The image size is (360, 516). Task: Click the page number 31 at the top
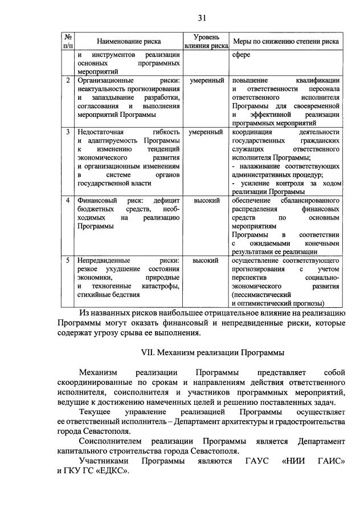[x=183, y=15]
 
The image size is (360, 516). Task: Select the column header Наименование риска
[x=128, y=42]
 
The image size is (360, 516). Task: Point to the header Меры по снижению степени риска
[x=286, y=42]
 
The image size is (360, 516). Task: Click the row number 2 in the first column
[x=68, y=80]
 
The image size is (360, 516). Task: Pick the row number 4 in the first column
[x=68, y=201]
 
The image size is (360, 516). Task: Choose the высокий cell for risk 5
[x=206, y=261]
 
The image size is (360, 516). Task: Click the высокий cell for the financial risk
[x=206, y=201]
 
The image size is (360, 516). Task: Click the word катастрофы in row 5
[x=161, y=286]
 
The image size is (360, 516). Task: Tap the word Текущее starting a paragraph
[x=96, y=412]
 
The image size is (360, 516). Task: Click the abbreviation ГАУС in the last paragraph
[x=246, y=460]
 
